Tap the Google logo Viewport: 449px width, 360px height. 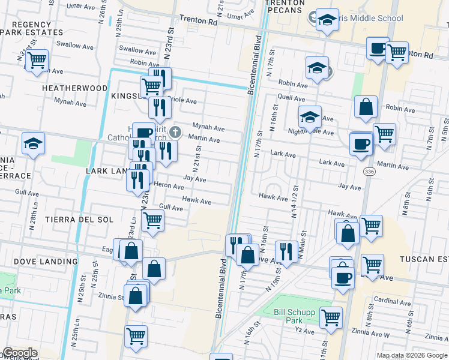coord(20,353)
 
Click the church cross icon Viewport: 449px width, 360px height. coord(175,131)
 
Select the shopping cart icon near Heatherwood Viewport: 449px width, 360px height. coord(37,60)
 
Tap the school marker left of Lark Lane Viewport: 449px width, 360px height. coord(34,143)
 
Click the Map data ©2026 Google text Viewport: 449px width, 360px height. coord(411,355)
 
